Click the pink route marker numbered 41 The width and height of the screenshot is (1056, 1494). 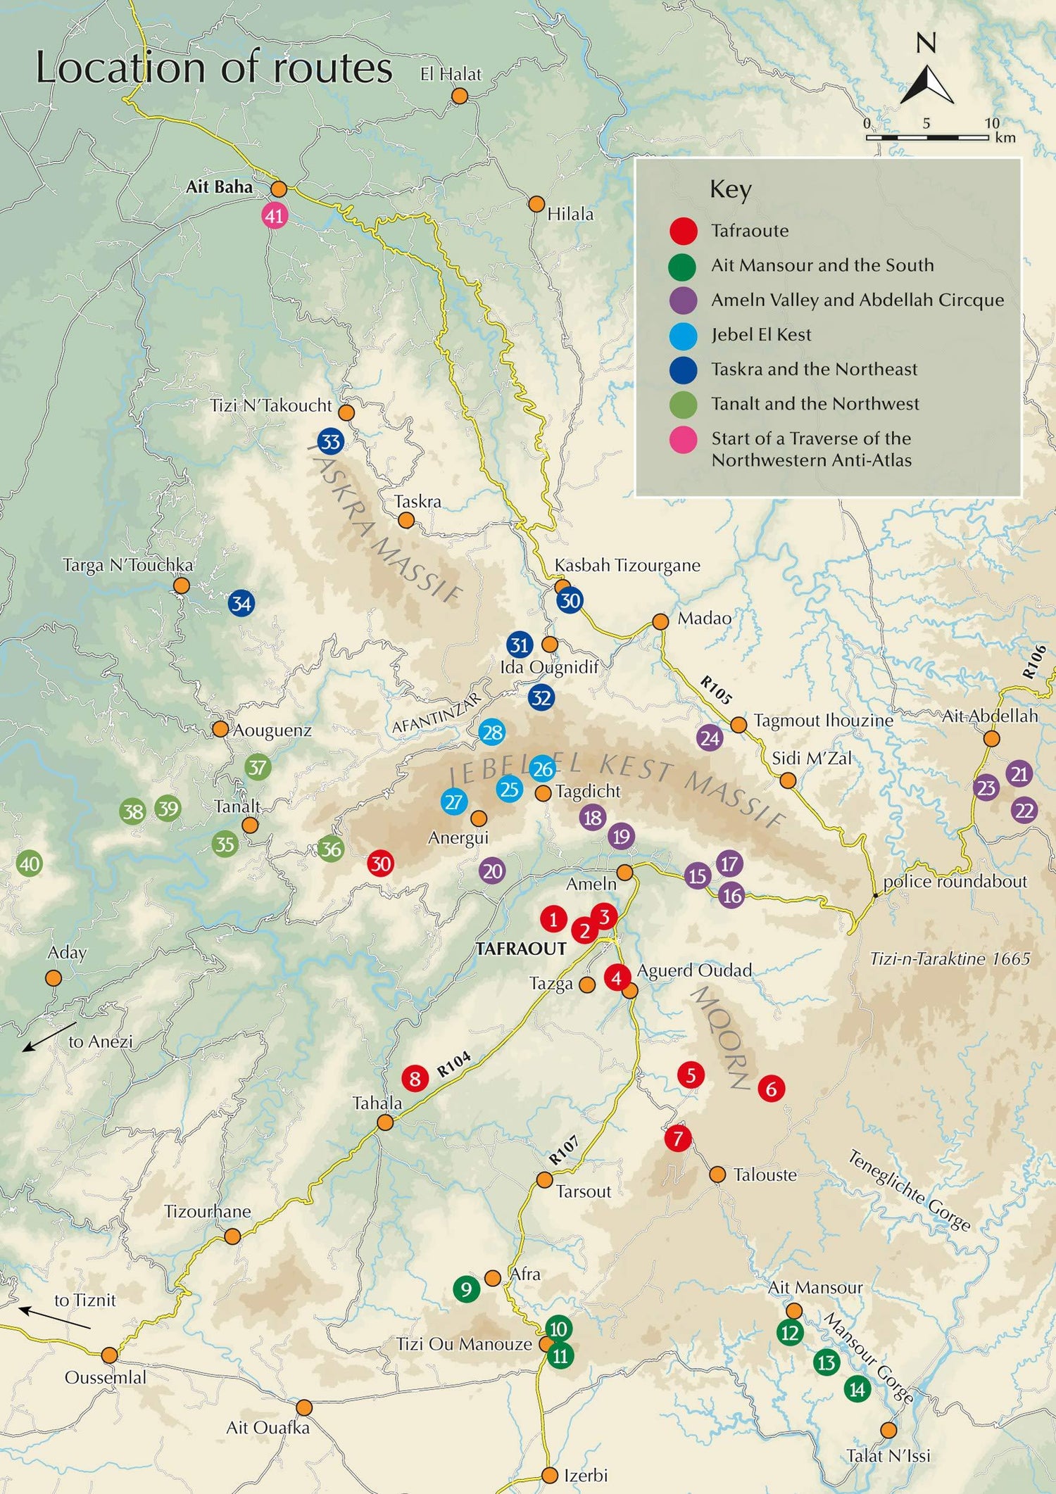(274, 215)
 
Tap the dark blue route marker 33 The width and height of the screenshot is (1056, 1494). (330, 442)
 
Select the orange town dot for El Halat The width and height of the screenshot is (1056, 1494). (459, 96)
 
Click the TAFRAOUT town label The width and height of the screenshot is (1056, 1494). (520, 949)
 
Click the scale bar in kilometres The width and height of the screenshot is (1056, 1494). (927, 137)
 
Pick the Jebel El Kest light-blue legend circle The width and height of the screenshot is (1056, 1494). (682, 336)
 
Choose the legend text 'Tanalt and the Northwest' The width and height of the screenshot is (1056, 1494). (815, 404)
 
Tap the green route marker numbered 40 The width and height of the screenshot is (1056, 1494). (29, 863)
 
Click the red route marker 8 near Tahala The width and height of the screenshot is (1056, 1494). (415, 1078)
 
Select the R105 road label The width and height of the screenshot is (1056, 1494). (716, 690)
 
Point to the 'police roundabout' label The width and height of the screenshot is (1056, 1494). (955, 881)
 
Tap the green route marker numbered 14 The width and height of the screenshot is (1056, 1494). (857, 1389)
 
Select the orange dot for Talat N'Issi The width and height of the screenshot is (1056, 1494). (888, 1430)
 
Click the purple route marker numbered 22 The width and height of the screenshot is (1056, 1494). (1024, 811)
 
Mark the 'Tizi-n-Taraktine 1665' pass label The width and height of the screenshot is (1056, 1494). (949, 958)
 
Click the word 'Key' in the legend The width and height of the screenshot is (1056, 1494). (730, 189)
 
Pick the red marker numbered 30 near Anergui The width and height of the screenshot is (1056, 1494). (381, 863)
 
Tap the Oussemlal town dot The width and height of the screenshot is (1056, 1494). (109, 1355)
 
